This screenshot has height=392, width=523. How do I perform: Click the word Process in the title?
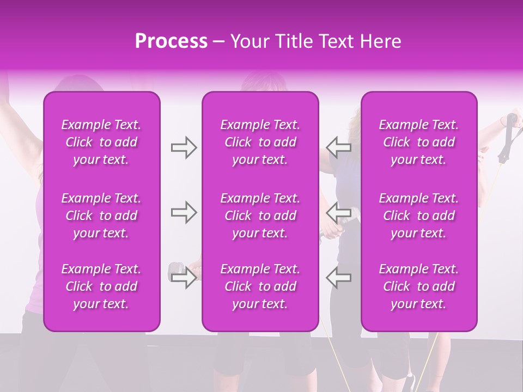tap(171, 41)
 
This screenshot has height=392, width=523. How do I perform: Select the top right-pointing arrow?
tap(184, 148)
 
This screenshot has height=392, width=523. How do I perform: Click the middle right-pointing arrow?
tap(184, 212)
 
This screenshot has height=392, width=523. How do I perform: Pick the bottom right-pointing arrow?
tap(184, 277)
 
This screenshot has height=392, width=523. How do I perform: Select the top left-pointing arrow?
tap(339, 148)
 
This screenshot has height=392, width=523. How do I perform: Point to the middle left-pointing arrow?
tap(339, 212)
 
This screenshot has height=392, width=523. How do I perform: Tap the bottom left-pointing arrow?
tap(339, 277)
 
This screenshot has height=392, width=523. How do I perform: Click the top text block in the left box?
tap(101, 142)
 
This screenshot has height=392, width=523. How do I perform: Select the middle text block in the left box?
tap(101, 216)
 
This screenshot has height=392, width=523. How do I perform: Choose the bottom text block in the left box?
tap(101, 286)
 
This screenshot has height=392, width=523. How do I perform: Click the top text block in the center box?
tap(260, 142)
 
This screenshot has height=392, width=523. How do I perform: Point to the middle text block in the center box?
tap(260, 216)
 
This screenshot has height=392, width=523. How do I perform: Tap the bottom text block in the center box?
tap(260, 286)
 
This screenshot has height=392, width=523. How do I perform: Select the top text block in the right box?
tap(418, 142)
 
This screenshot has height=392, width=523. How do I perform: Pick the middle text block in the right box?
tap(418, 216)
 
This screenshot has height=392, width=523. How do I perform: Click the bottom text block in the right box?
tap(418, 286)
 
